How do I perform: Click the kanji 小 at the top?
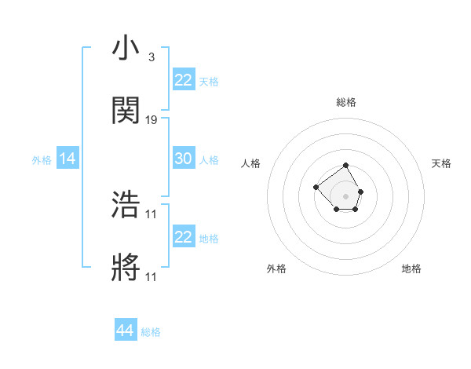pyautogui.click(x=126, y=49)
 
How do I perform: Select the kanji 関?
pyautogui.click(x=126, y=111)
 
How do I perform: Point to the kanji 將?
pyautogui.click(x=126, y=268)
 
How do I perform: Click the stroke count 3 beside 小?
pyautogui.click(x=151, y=57)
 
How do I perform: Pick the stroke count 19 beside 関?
pyautogui.click(x=152, y=120)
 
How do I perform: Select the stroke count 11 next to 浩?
pyautogui.click(x=152, y=214)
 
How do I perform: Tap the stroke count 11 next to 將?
pyautogui.click(x=152, y=276)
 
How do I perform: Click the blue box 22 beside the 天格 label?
pyautogui.click(x=183, y=79)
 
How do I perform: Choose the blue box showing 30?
pyautogui.click(x=183, y=159)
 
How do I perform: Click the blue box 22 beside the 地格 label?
pyautogui.click(x=183, y=237)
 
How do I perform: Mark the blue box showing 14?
pyautogui.click(x=68, y=159)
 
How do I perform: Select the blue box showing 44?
pyautogui.click(x=126, y=331)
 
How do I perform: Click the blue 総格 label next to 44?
pyautogui.click(x=151, y=332)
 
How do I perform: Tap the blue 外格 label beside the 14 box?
pyautogui.click(x=42, y=160)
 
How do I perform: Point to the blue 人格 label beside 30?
pyautogui.click(x=209, y=160)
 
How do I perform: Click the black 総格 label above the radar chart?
pyautogui.click(x=346, y=102)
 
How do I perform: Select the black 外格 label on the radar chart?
pyautogui.click(x=276, y=269)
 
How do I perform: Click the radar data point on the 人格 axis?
pyautogui.click(x=316, y=187)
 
